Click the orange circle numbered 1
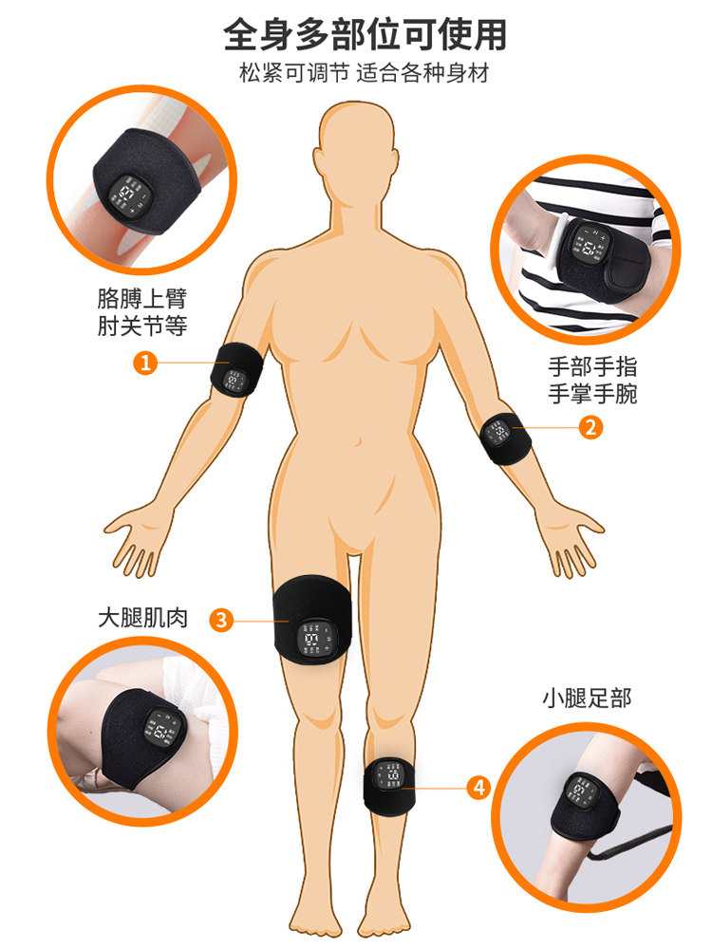[x=144, y=363]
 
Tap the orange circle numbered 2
[x=590, y=428]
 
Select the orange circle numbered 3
[x=220, y=621]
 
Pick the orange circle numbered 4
[x=478, y=786]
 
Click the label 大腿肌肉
[x=142, y=618]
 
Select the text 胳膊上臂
[x=142, y=298]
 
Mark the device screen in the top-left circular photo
[x=126, y=196]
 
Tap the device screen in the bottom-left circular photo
[x=158, y=732]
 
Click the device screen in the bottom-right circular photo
[x=580, y=793]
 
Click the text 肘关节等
[x=142, y=326]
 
